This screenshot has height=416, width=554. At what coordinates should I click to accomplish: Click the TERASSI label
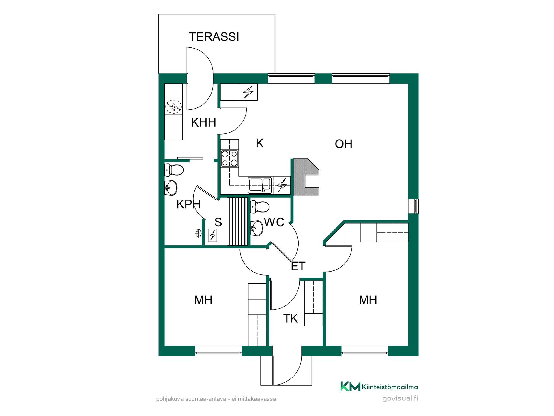214,37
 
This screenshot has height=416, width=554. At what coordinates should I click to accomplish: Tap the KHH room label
203,122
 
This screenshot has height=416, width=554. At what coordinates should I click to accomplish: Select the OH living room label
343,144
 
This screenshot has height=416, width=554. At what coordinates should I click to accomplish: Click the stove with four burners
230,158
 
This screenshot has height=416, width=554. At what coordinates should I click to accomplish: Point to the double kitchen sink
260,185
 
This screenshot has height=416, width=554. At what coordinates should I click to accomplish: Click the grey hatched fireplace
306,177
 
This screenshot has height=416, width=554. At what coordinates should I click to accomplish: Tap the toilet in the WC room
260,207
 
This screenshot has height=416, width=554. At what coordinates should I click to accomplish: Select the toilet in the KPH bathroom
174,170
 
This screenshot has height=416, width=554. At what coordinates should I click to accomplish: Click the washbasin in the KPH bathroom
171,188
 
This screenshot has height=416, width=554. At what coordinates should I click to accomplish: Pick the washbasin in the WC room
257,228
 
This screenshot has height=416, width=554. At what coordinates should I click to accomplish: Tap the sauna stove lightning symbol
213,235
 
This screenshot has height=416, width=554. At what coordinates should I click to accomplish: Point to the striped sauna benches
237,221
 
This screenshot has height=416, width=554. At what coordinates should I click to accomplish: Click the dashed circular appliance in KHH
173,107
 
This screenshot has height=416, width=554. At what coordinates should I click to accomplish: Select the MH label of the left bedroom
203,300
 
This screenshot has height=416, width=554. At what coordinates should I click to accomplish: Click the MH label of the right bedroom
368,300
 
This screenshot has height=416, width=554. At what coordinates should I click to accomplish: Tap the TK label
291,319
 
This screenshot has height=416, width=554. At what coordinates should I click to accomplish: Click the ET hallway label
298,266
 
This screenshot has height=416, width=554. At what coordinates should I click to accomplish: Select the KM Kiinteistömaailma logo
379,387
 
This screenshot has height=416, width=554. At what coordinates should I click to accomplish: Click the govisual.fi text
400,399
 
